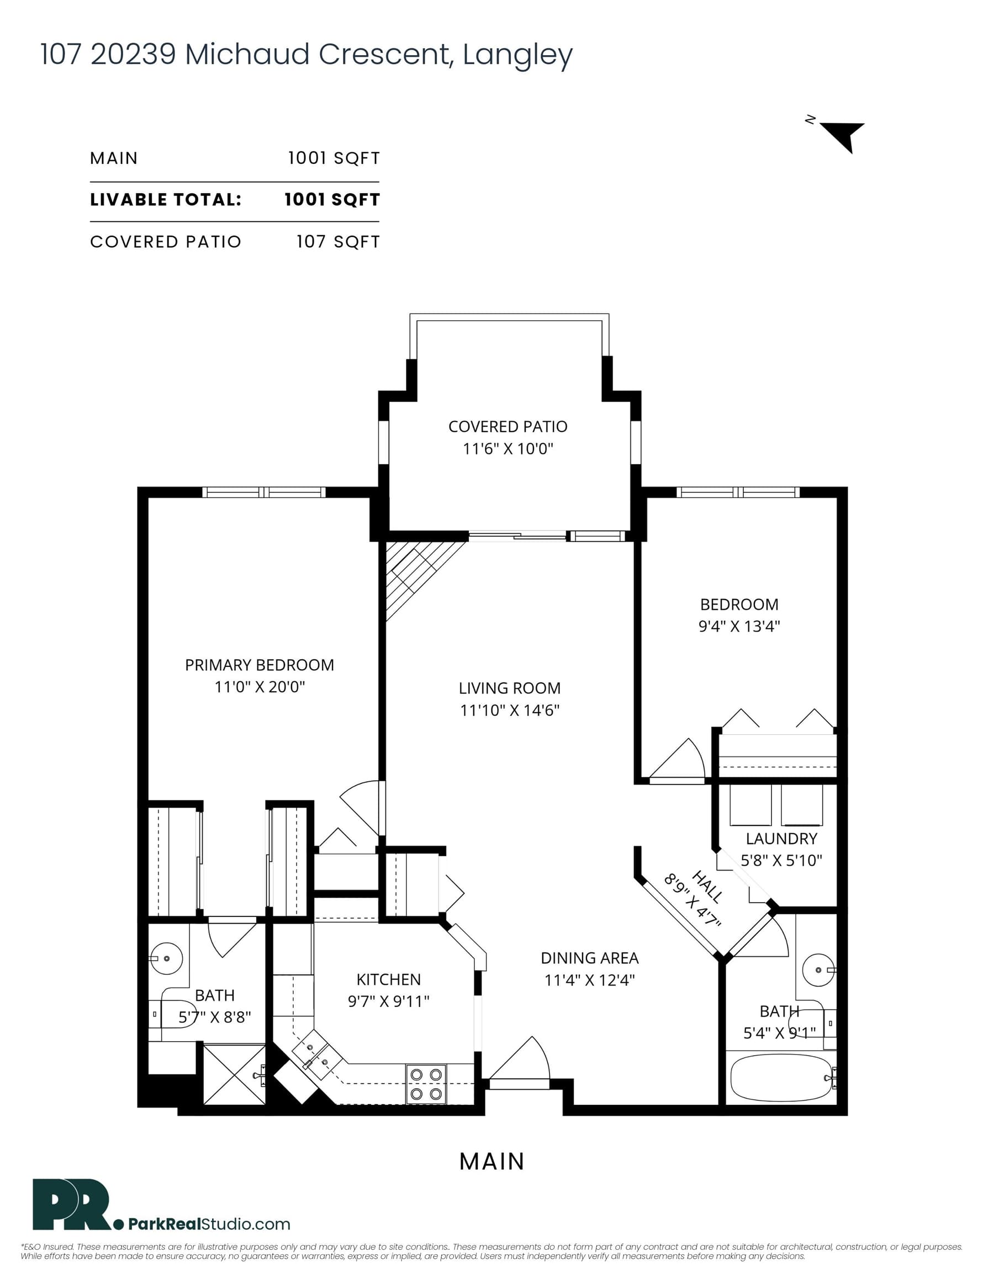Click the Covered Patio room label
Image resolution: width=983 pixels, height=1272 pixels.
coord(508,426)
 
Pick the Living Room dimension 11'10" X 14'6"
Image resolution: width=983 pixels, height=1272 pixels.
coord(510,710)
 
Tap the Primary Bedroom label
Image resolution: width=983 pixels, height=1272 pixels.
coord(260,665)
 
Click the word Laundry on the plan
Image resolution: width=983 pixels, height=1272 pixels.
coord(781,838)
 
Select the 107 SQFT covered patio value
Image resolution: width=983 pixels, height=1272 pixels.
coord(338,242)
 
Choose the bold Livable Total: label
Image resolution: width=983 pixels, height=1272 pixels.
coord(166,199)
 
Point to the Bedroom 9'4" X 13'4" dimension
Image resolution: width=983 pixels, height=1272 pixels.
coord(739,626)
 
